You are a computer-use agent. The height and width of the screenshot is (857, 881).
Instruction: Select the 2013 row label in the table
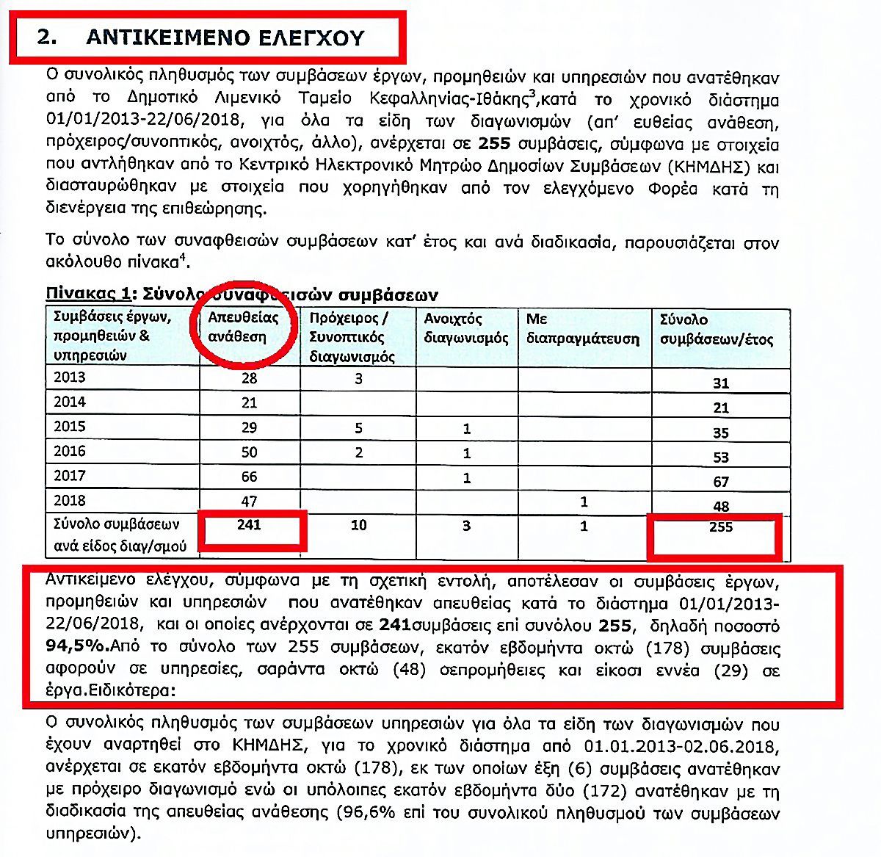pyautogui.click(x=70, y=377)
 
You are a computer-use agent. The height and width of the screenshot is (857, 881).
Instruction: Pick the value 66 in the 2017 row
pyautogui.click(x=250, y=477)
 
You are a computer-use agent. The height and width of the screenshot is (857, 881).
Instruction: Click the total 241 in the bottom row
pyautogui.click(x=250, y=524)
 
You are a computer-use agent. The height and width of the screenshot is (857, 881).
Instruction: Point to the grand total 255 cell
pyautogui.click(x=721, y=527)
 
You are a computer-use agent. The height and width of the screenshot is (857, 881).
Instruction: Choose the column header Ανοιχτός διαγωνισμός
pyautogui.click(x=466, y=328)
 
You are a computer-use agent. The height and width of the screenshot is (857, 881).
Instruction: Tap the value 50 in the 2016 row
pyautogui.click(x=250, y=452)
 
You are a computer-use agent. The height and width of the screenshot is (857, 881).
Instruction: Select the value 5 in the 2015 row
pyautogui.click(x=358, y=428)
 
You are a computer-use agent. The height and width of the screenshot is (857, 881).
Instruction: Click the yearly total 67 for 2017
pyautogui.click(x=721, y=482)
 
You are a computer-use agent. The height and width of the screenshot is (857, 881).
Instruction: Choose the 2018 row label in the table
pyautogui.click(x=70, y=501)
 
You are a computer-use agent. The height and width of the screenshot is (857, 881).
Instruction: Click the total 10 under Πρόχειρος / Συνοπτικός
pyautogui.click(x=358, y=525)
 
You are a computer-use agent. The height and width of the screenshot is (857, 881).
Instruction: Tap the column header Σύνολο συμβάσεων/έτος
pyautogui.click(x=716, y=329)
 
